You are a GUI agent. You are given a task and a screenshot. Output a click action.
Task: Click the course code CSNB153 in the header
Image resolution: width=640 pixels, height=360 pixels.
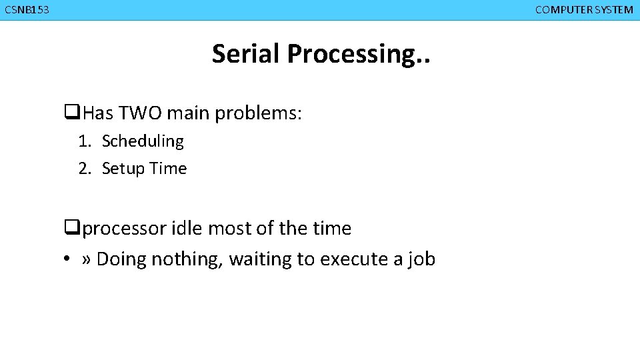tap(27, 10)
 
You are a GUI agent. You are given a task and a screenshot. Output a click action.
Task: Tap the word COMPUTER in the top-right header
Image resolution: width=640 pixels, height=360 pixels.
tap(564, 10)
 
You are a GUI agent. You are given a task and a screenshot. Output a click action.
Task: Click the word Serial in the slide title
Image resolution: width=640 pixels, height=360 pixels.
tap(247, 54)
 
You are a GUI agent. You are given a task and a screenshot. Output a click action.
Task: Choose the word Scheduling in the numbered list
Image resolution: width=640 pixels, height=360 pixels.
tap(143, 141)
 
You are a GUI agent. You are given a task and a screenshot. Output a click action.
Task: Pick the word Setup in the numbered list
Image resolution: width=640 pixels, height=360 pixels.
tap(123, 169)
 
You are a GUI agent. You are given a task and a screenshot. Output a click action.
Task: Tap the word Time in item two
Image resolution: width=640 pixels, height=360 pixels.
tap(168, 169)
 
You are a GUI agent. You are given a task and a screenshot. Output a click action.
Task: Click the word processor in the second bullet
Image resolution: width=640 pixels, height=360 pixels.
tap(125, 229)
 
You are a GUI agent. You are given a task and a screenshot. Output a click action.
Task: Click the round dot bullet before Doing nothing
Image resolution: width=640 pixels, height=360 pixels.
tap(68, 259)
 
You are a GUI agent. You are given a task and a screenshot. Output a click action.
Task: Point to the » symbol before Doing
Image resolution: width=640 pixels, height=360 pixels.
tap(86, 259)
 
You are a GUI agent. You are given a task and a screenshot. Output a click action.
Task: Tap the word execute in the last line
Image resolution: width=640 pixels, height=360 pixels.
tap(351, 259)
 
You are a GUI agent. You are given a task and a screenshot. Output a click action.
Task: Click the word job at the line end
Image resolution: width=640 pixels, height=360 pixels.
tap(421, 259)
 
